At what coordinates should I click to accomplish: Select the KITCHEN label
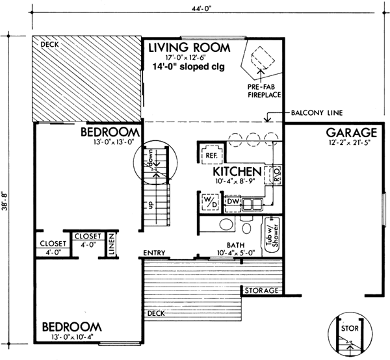237,172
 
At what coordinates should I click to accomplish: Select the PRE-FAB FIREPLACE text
263,91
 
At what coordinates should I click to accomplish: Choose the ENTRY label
156,253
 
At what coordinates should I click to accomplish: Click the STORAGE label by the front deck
261,290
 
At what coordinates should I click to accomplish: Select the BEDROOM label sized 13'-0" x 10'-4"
72,326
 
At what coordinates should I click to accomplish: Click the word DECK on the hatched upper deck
50,45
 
